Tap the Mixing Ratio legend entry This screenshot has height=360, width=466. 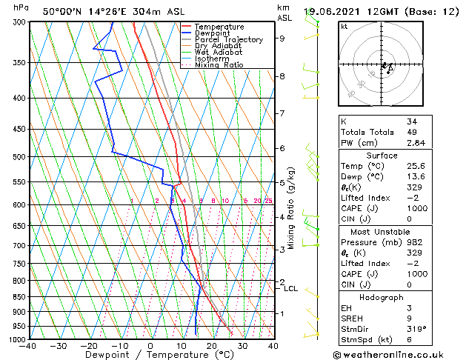[219, 65]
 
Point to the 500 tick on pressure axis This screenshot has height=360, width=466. [18, 157]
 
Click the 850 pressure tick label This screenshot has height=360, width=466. [18, 297]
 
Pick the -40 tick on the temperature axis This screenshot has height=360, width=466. [28, 345]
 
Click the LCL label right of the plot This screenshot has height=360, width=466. [290, 288]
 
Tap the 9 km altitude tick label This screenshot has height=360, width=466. [282, 39]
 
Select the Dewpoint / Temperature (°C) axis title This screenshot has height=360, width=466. [150, 355]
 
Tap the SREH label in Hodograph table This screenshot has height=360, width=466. [352, 318]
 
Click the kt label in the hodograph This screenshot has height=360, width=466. [344, 27]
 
